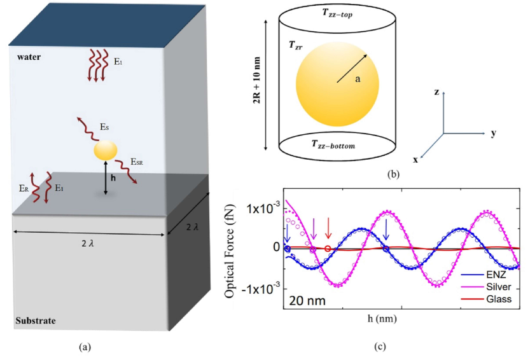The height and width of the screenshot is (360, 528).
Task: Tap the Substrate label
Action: tap(36, 320)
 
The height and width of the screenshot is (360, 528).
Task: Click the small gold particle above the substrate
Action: tap(105, 150)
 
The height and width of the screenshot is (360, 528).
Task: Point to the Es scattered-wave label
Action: tap(103, 128)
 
